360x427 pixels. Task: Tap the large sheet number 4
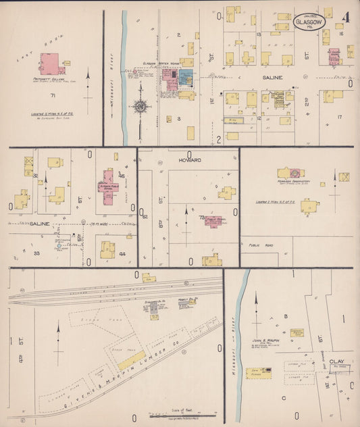point(345,18)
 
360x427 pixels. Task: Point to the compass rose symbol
point(140,106)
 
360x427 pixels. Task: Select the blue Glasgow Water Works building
point(185,77)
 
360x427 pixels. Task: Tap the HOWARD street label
point(187,162)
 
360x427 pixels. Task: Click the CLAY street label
point(336,361)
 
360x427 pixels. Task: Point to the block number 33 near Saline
point(37,253)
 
